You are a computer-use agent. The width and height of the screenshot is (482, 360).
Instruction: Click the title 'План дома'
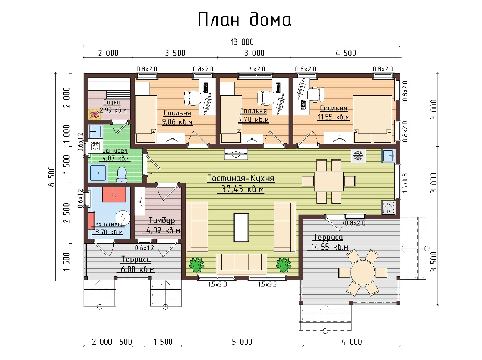coord(245,20)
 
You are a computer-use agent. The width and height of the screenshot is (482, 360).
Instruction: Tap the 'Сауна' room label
coord(112,102)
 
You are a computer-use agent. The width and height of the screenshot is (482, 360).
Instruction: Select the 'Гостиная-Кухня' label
coord(241,179)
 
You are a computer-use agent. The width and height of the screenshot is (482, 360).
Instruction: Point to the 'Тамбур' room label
coord(162,220)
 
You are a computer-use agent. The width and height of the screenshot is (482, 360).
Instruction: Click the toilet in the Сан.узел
coord(122,175)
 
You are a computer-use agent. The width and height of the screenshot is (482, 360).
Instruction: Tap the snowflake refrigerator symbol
coord(358,156)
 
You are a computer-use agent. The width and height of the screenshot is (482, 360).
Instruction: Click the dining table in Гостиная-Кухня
coord(328,181)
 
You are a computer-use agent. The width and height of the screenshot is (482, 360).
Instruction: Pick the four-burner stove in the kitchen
coord(388,207)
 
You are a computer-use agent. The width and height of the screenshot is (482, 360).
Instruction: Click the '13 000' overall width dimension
coord(242,42)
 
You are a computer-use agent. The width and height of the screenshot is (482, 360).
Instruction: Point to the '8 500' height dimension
coord(51,176)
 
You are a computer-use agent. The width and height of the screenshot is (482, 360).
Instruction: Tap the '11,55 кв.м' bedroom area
coord(333,117)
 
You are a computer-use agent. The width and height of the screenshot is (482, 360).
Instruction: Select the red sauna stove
coord(94,115)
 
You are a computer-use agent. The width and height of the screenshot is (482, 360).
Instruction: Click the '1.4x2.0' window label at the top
coord(255,69)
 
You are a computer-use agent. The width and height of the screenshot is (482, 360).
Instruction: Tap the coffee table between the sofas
coord(241,227)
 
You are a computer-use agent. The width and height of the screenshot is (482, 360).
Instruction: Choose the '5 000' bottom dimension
coord(242,342)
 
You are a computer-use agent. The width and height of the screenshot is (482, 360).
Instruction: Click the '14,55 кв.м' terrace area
coord(329,247)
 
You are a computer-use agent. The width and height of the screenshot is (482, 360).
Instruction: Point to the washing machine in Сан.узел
coord(96,146)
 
